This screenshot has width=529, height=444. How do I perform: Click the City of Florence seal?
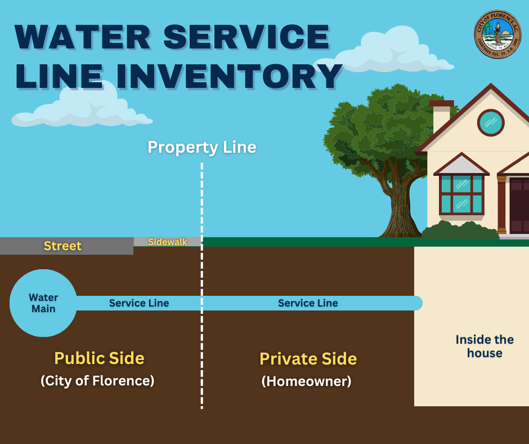pyautogui.click(x=497, y=34)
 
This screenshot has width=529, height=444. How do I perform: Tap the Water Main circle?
pyautogui.click(x=43, y=303)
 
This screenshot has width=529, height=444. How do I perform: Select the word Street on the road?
pyautogui.click(x=62, y=246)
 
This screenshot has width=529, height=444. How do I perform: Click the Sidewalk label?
pyautogui.click(x=167, y=242)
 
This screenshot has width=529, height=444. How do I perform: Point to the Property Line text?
pyautogui.click(x=201, y=148)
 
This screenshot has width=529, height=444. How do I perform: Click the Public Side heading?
pyautogui.click(x=99, y=358)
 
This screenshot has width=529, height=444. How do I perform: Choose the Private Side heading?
pyautogui.click(x=308, y=359)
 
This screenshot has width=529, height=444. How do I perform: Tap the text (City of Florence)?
pyautogui.click(x=97, y=381)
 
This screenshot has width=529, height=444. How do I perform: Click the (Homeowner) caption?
pyautogui.click(x=306, y=381)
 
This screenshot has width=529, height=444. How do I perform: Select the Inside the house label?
pyautogui.click(x=484, y=347)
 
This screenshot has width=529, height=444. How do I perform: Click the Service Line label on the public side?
pyautogui.click(x=139, y=303)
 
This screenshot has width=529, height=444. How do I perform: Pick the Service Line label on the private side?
pyautogui.click(x=308, y=303)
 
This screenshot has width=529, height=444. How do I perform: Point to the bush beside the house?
pyautogui.click(x=459, y=231)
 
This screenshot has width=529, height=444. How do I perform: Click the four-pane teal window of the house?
pyautogui.click(x=461, y=194)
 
